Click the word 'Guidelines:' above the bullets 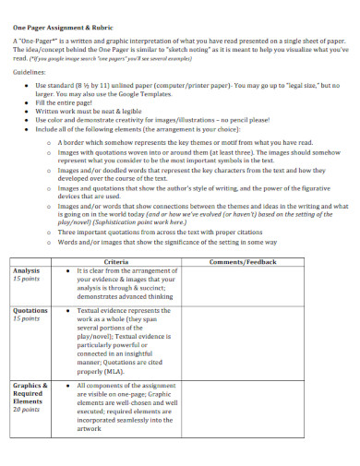pos(30,69)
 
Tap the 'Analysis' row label pos(28,270)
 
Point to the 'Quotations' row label pos(31,312)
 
